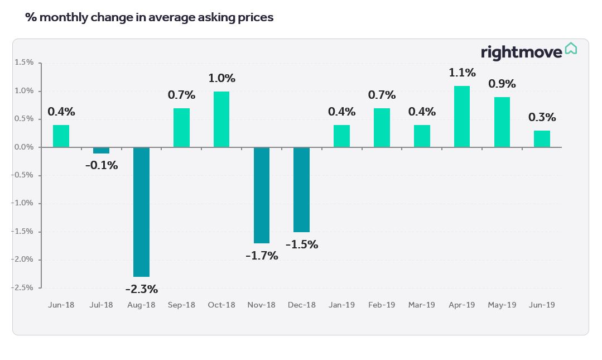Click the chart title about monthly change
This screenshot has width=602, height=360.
[x=150, y=17]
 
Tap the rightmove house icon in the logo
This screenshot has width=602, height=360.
[x=571, y=49]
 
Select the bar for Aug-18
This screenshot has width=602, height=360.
[x=141, y=212]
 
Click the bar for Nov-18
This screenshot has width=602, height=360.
[x=262, y=195]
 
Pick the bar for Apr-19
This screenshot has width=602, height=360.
[x=462, y=116]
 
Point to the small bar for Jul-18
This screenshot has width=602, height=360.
[x=101, y=150]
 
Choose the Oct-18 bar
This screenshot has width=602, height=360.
[x=221, y=119]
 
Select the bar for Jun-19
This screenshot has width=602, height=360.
[x=542, y=138]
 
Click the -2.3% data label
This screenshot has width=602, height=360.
[x=141, y=289]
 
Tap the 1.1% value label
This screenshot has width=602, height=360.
[x=462, y=73]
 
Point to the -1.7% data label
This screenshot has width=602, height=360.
[x=262, y=256]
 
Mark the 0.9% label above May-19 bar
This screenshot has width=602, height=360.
[x=502, y=84]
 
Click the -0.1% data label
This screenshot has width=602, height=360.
[x=101, y=165]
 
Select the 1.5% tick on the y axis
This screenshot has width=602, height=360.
[x=24, y=63]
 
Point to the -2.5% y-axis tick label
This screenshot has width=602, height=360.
[x=23, y=287]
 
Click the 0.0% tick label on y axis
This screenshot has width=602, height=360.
[x=24, y=147]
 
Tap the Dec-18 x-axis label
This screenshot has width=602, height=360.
[x=302, y=305]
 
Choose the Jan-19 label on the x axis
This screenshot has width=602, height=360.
[x=341, y=305]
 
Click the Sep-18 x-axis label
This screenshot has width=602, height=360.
[x=181, y=305]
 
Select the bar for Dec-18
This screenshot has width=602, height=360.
[x=302, y=189]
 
